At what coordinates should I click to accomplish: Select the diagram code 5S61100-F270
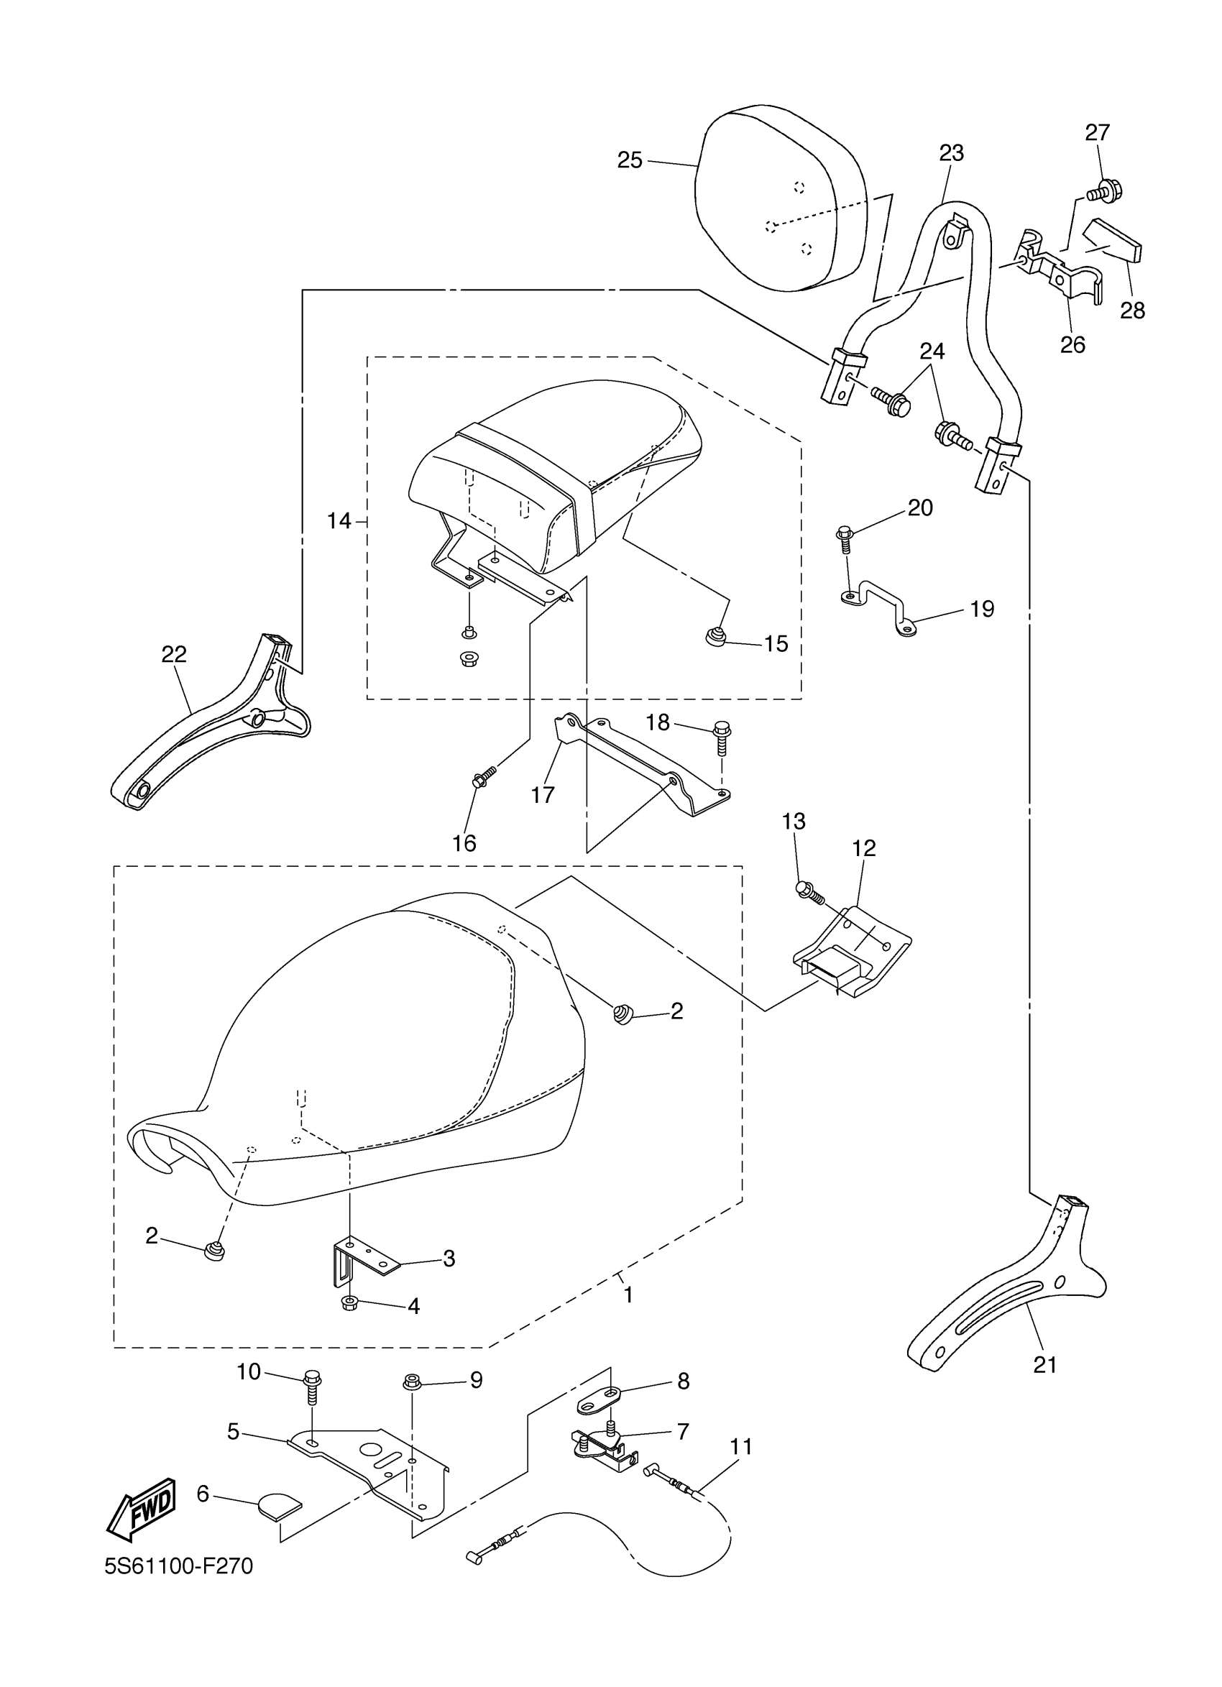tap(178, 1587)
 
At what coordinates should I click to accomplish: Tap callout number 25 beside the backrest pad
tap(629, 160)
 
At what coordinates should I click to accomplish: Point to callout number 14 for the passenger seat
tap(339, 520)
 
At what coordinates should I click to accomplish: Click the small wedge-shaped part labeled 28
tap(1116, 241)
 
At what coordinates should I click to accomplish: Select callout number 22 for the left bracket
tap(174, 654)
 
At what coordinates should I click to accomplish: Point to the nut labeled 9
tap(411, 1382)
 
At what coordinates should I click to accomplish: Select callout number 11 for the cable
tap(741, 1447)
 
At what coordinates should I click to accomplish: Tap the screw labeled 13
tap(809, 892)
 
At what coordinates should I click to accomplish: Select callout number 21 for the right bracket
tap(1045, 1365)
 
